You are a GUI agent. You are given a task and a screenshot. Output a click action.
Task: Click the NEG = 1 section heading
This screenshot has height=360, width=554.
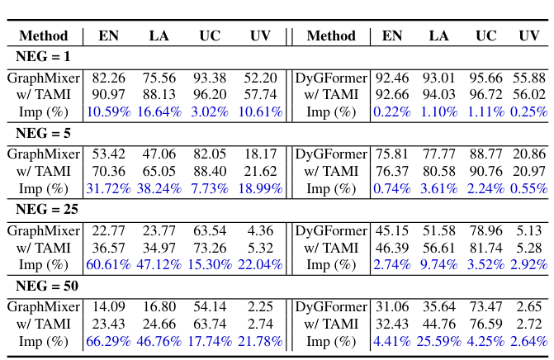[x=43, y=57]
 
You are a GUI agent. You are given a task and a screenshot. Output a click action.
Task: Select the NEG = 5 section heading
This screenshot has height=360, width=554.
[x=43, y=133]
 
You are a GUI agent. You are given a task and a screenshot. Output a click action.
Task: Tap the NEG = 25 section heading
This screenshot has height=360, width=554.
[x=46, y=209]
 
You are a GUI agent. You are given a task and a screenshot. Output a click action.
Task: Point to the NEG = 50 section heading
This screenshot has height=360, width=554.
[x=46, y=286]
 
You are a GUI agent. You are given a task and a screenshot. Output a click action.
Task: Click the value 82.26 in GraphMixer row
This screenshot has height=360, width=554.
[x=108, y=78]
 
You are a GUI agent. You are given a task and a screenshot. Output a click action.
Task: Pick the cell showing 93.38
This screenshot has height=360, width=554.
[x=210, y=78]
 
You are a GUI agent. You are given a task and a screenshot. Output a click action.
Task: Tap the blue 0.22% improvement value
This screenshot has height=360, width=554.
[x=391, y=112]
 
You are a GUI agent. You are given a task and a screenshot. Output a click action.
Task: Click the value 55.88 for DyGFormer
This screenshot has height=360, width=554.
[x=528, y=78]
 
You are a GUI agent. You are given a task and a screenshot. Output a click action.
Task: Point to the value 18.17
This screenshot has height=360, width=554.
[x=260, y=154]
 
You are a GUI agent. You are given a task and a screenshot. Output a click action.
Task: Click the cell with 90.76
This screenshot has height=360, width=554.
[x=486, y=171]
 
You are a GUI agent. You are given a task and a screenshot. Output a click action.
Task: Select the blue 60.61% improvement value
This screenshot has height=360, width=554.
[x=108, y=265]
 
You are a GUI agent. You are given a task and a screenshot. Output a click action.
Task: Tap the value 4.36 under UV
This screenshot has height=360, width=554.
[x=260, y=230]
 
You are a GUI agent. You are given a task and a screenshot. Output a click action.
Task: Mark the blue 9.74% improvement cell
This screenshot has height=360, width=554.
[x=439, y=265]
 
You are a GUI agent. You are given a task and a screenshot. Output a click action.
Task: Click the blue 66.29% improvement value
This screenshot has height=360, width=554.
[x=108, y=341]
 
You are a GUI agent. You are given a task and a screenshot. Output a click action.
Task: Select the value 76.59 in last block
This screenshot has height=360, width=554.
[x=486, y=324]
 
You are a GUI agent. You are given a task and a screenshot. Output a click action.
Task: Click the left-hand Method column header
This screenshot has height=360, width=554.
[x=43, y=36]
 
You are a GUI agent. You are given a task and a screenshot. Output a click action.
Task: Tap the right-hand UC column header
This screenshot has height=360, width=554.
[x=486, y=36]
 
